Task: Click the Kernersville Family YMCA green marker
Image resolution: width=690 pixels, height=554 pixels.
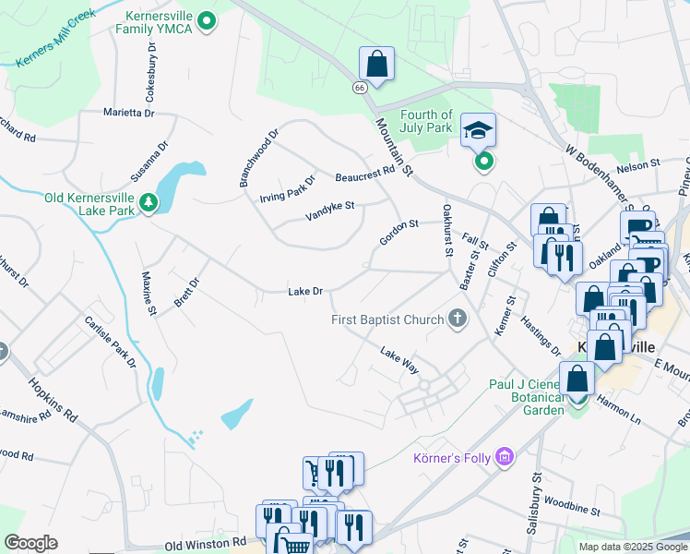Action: [208, 19]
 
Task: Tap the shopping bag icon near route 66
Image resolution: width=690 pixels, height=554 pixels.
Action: [376, 65]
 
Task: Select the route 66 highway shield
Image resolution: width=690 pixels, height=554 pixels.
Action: [359, 86]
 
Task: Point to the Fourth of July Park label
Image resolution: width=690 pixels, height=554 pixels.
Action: [426, 121]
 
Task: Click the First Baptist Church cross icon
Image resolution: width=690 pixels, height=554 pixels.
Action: [456, 319]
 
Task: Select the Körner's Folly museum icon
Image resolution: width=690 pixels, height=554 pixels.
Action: [504, 456]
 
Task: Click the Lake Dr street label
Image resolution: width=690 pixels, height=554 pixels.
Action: [305, 292]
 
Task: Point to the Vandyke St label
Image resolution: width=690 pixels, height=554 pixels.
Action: [330, 211]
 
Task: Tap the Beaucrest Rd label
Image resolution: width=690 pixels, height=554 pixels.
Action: [364, 173]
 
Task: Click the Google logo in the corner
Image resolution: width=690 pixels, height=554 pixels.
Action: [30, 543]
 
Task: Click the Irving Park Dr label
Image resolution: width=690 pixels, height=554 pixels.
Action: [288, 187]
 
